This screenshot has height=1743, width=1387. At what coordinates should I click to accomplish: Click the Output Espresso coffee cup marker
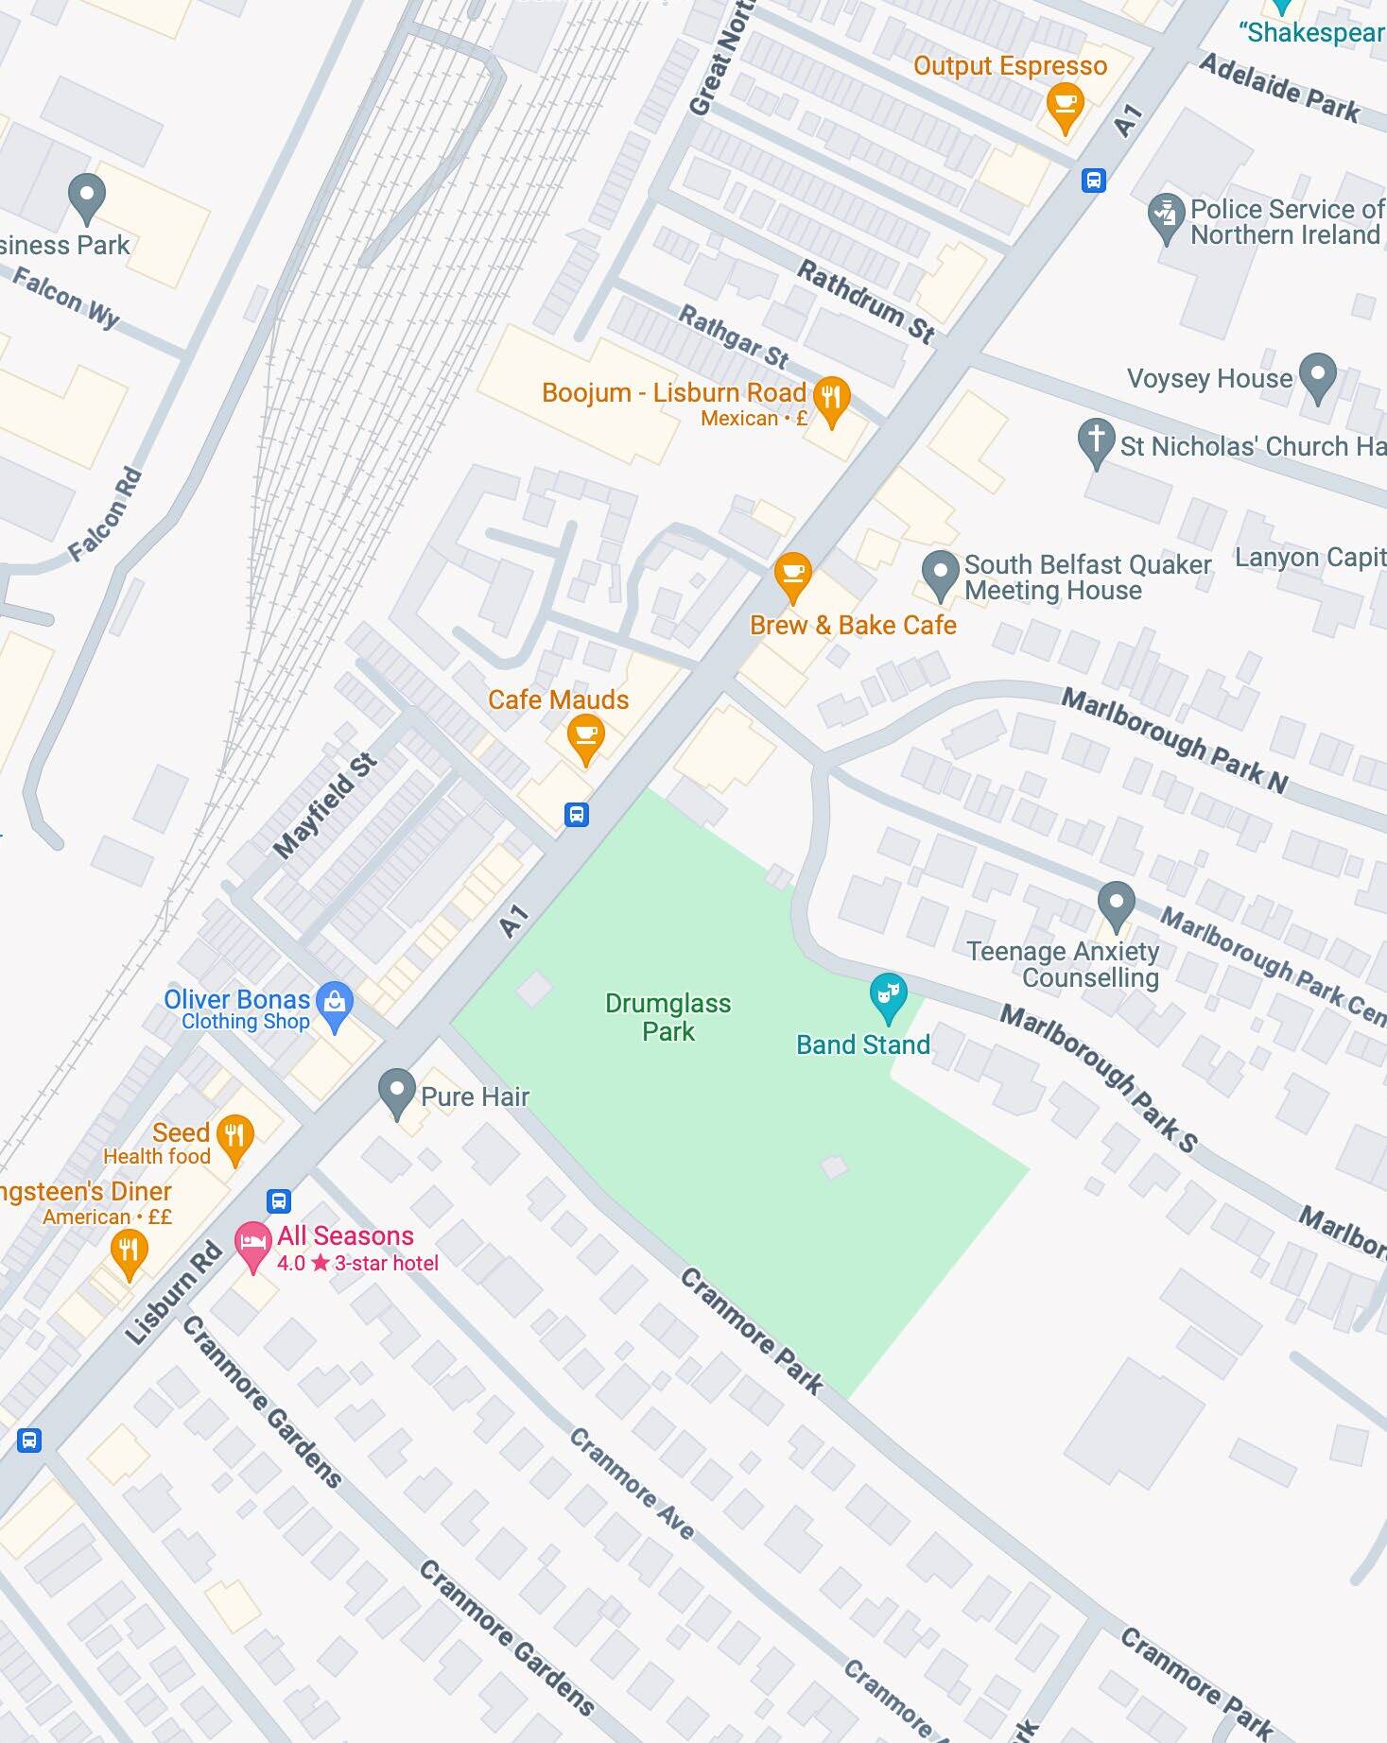[1065, 104]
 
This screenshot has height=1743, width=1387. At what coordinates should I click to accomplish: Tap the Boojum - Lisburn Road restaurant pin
[831, 399]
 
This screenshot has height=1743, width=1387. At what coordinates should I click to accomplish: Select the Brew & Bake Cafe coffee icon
[792, 574]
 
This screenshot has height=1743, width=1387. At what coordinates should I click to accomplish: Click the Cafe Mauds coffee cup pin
[585, 735]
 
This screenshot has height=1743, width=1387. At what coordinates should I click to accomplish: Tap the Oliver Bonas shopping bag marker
[335, 1004]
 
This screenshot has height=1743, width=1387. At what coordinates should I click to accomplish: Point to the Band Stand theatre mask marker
[888, 995]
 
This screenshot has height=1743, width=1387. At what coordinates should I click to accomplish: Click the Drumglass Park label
[667, 1017]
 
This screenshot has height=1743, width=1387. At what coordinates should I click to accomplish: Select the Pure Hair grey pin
[397, 1091]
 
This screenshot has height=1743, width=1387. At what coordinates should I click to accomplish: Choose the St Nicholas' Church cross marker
[1096, 440]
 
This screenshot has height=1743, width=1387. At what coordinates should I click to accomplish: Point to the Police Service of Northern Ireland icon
[1166, 216]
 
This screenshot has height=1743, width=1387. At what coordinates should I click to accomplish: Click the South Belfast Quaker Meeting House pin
[940, 572]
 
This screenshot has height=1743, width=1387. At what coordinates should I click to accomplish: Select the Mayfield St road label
[324, 806]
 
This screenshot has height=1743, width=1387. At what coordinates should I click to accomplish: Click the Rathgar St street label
[733, 337]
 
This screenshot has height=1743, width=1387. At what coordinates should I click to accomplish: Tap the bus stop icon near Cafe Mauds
[577, 814]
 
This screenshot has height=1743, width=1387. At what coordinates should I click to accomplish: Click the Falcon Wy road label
[66, 296]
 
